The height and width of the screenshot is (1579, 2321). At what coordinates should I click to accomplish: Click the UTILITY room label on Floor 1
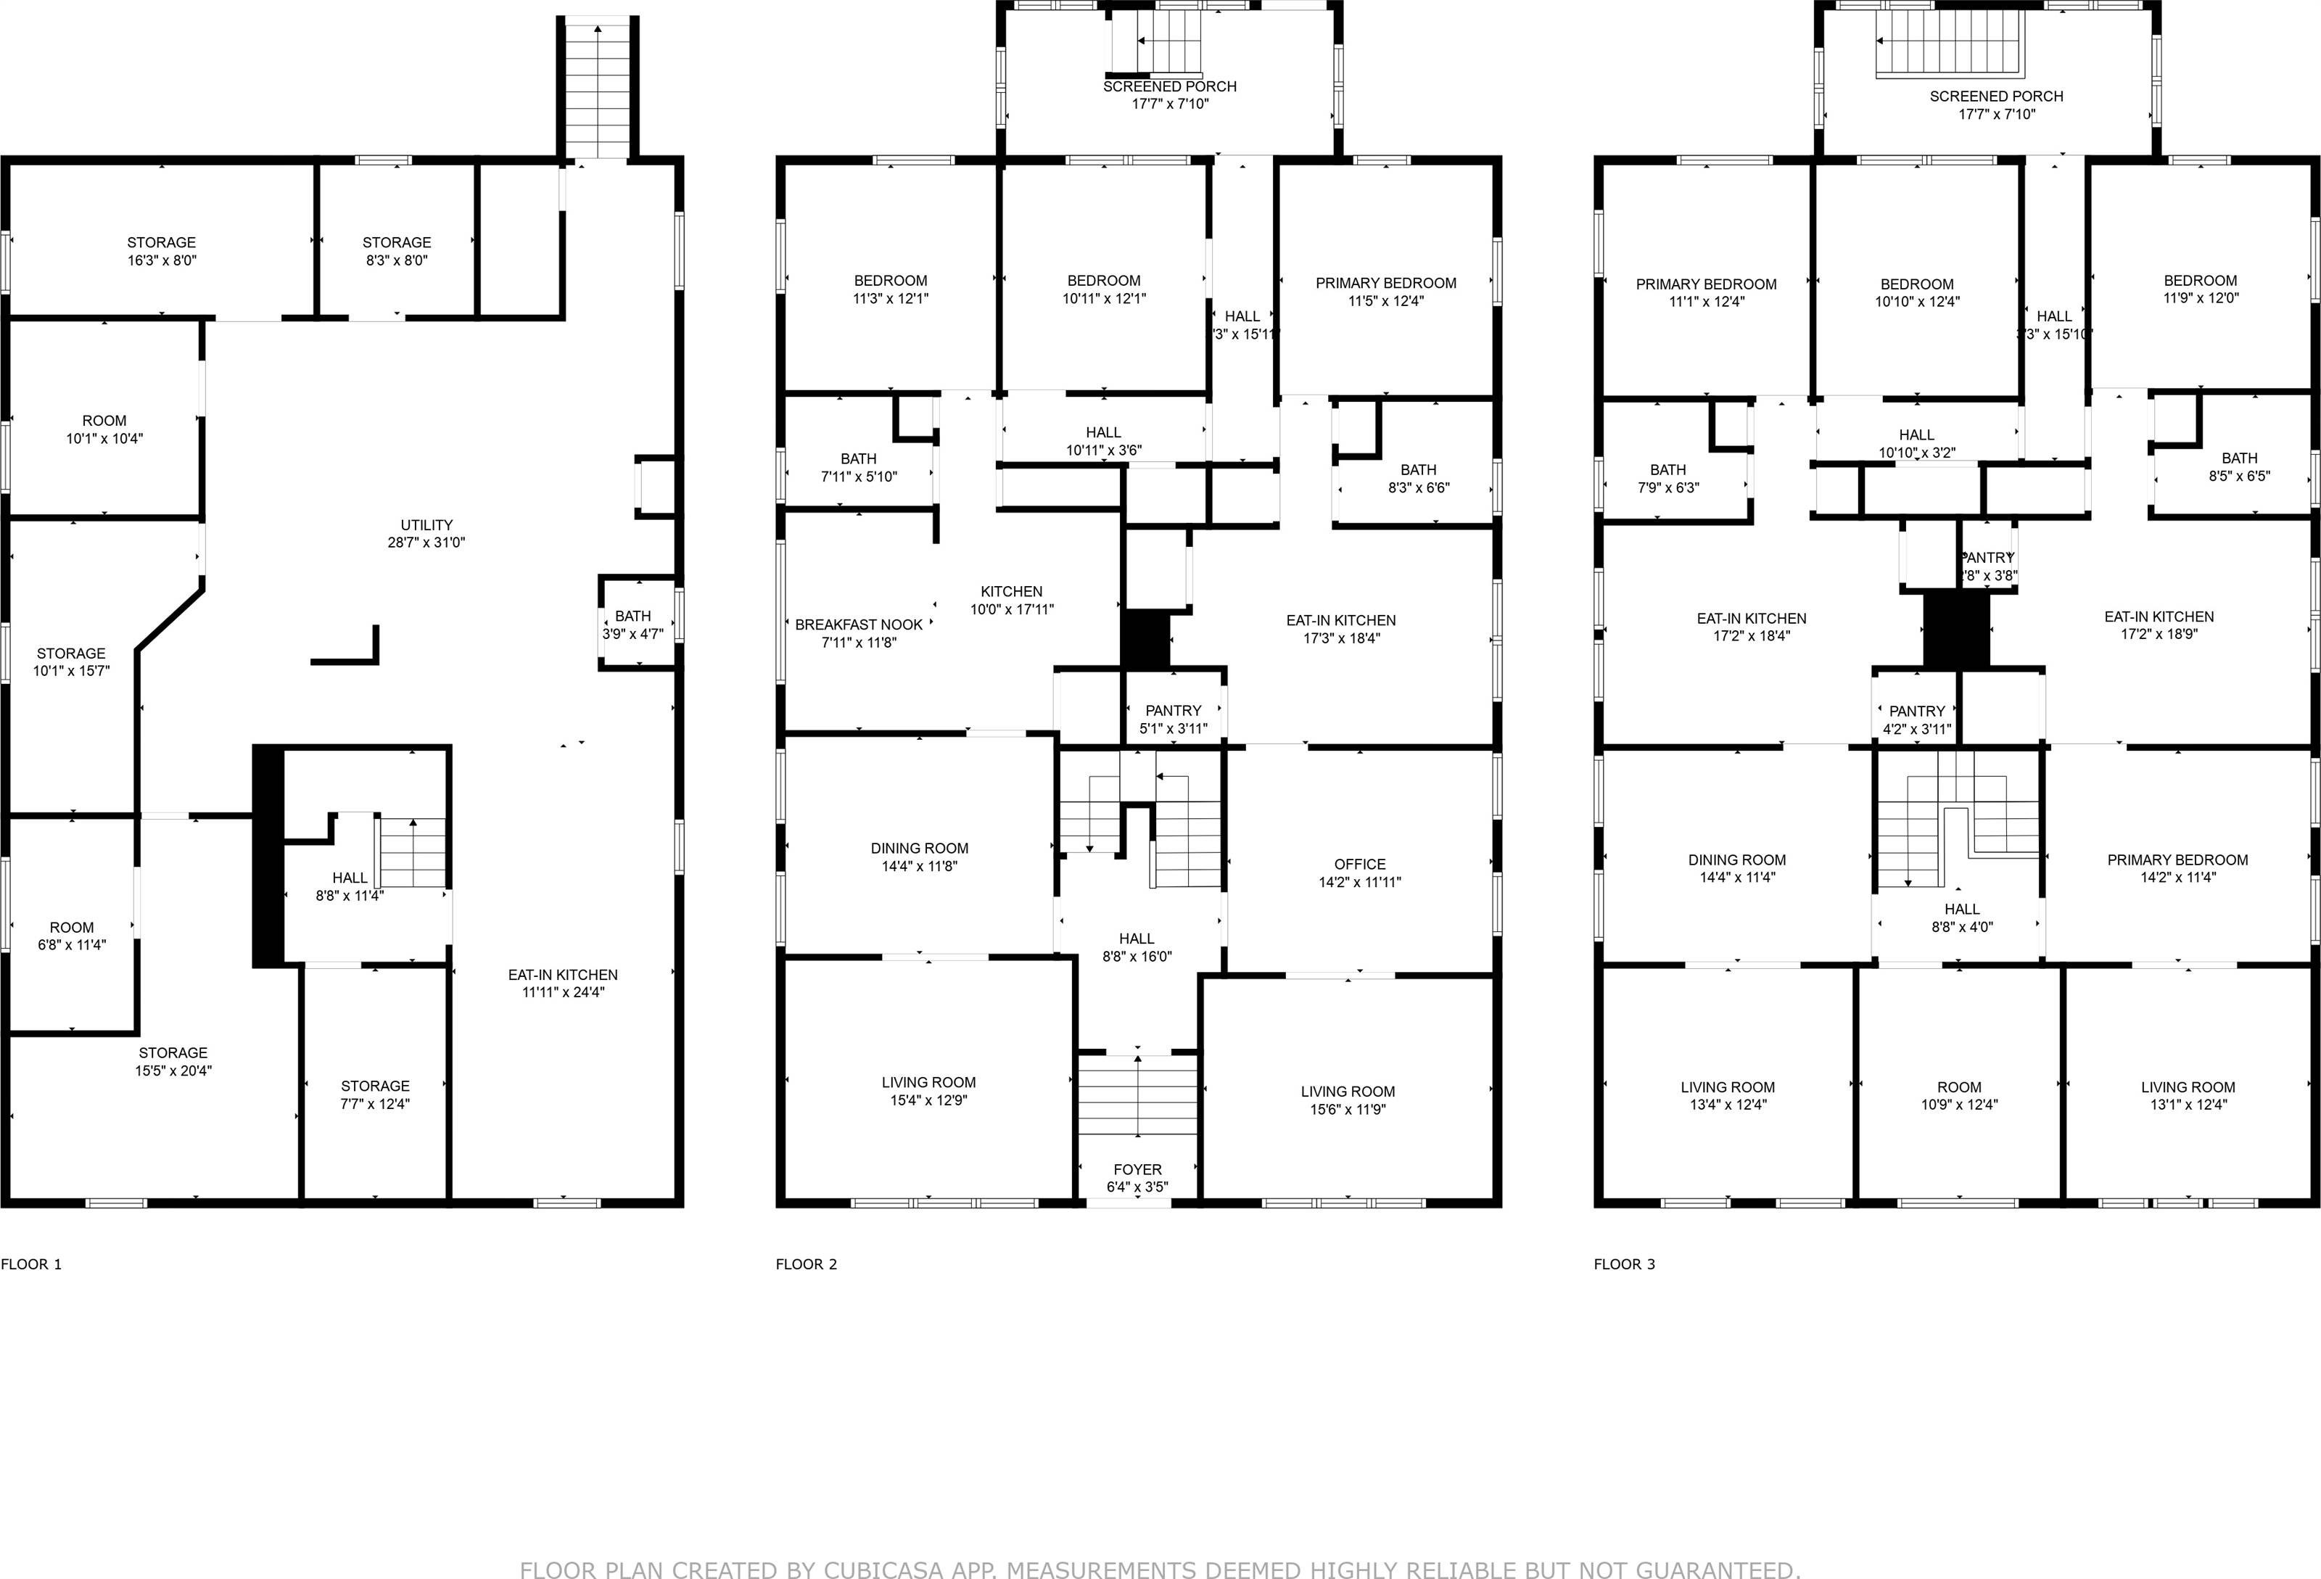[x=426, y=533]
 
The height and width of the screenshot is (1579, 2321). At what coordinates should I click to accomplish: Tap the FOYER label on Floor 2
[x=1137, y=1177]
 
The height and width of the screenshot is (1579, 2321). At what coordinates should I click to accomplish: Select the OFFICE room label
[x=1359, y=872]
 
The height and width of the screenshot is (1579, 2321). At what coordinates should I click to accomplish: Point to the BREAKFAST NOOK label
[x=859, y=633]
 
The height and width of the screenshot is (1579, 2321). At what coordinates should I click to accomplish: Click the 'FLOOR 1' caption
[x=32, y=1264]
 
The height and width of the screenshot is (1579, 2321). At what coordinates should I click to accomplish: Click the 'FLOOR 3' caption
[x=1624, y=1264]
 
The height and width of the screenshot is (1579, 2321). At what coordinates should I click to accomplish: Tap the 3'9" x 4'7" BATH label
[x=632, y=624]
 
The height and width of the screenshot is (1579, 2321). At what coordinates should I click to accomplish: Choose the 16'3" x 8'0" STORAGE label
[x=162, y=251]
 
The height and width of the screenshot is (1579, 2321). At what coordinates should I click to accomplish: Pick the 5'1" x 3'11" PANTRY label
[x=1174, y=719]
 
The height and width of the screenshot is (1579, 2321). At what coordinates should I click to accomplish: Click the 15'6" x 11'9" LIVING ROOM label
[x=1347, y=1100]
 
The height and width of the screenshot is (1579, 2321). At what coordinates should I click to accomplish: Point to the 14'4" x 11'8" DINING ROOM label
[x=919, y=857]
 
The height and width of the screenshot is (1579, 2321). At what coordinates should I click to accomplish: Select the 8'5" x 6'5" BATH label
[x=2239, y=467]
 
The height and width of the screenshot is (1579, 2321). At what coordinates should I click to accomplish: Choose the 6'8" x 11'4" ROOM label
[x=72, y=936]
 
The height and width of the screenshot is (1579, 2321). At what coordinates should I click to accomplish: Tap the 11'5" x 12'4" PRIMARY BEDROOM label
[x=1385, y=292]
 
